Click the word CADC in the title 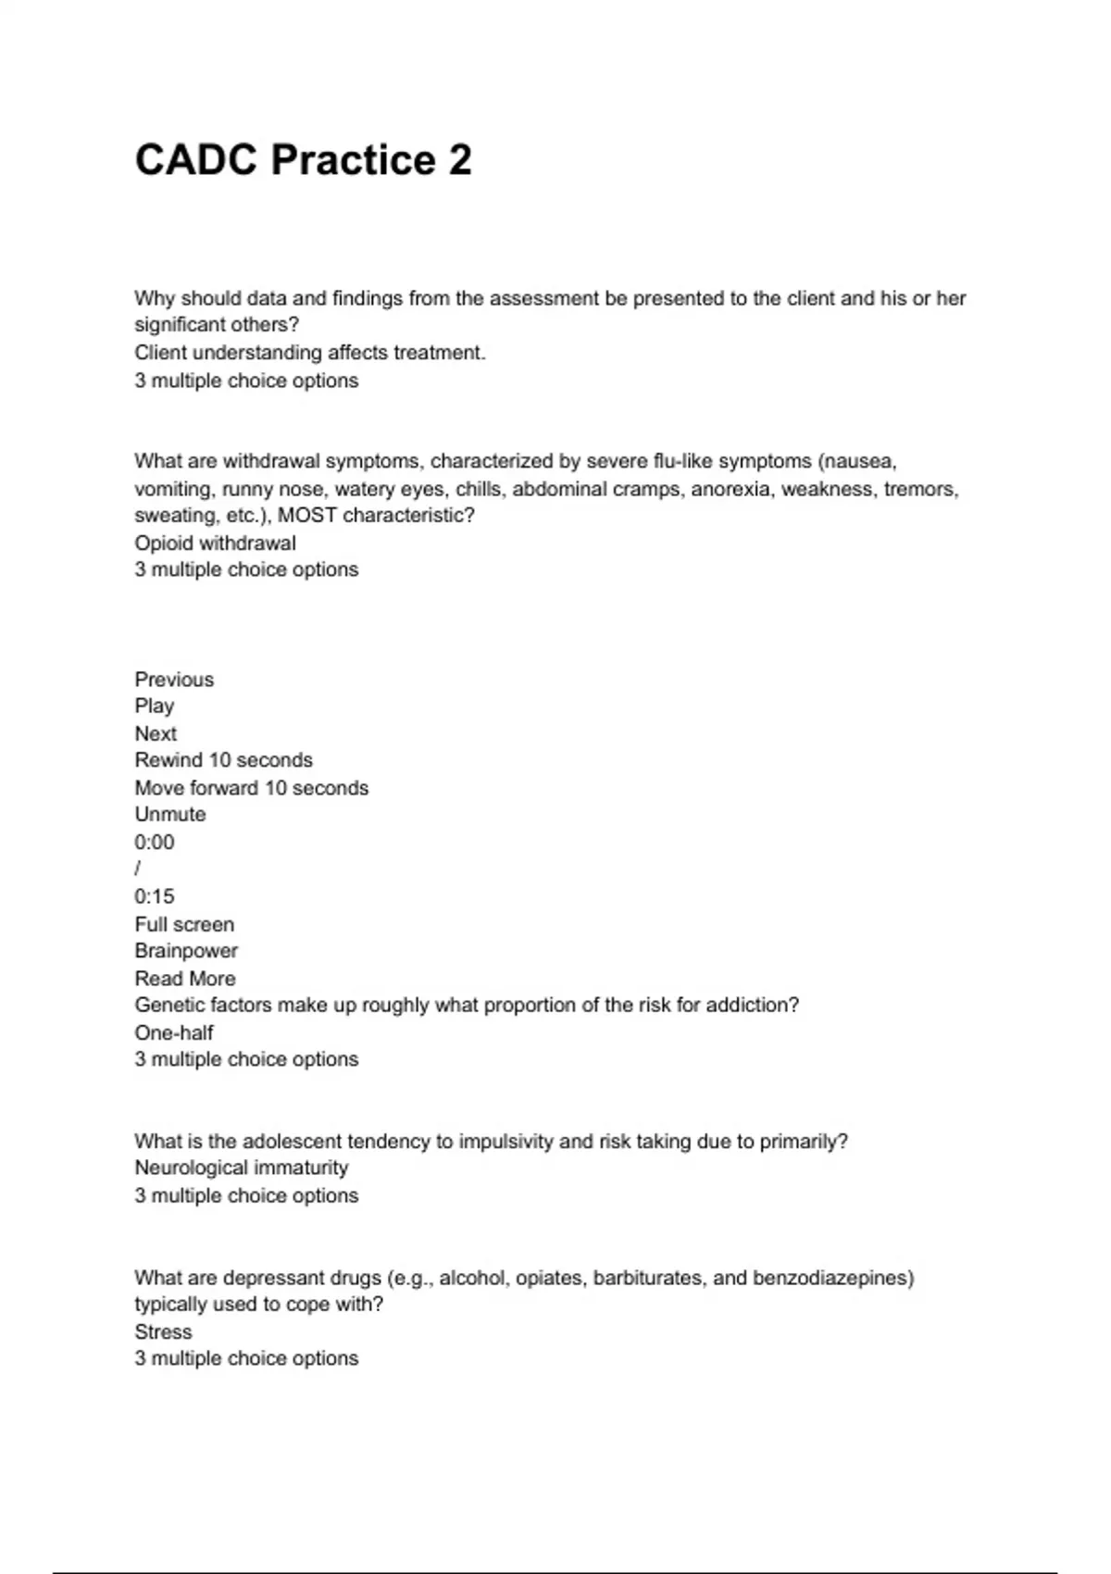tap(195, 160)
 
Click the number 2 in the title tap(460, 160)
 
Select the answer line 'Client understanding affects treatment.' tap(310, 353)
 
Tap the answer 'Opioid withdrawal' tap(215, 543)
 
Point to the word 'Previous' tap(174, 680)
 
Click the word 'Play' tap(154, 706)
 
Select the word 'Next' tap(156, 734)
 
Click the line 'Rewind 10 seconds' tap(223, 760)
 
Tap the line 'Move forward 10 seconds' tap(251, 788)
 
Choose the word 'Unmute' tap(170, 815)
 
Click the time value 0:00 tap(154, 843)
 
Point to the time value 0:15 tap(154, 896)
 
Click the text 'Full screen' tap(184, 924)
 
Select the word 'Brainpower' tap(186, 951)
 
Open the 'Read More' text tap(185, 979)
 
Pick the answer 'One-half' tap(174, 1032)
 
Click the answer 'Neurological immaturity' tap(242, 1168)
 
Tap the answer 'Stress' tap(163, 1332)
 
